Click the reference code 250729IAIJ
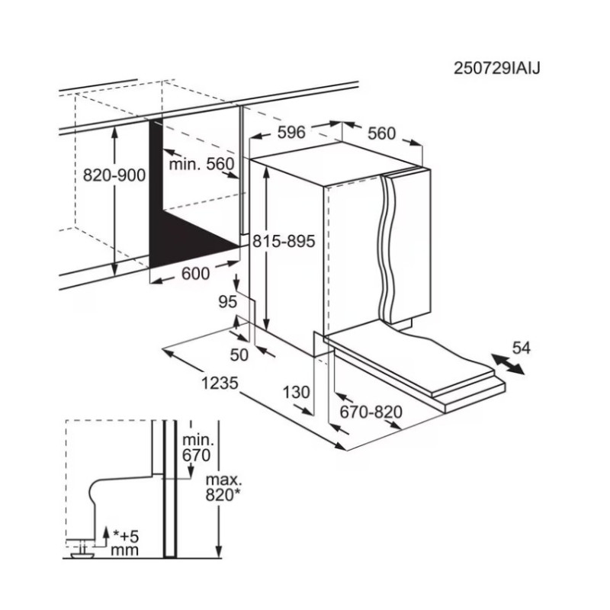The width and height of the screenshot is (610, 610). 497,69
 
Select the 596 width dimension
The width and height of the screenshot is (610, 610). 291,132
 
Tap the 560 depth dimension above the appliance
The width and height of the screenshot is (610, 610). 381,133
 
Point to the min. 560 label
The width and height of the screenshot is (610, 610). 201,164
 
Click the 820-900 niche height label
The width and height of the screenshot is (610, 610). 114,175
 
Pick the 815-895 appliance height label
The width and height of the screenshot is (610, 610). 284,241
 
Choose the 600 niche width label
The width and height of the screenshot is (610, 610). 196,274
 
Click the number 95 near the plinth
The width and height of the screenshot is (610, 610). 227,301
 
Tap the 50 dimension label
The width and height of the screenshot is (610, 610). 239,355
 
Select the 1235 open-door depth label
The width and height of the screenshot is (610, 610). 220,384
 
